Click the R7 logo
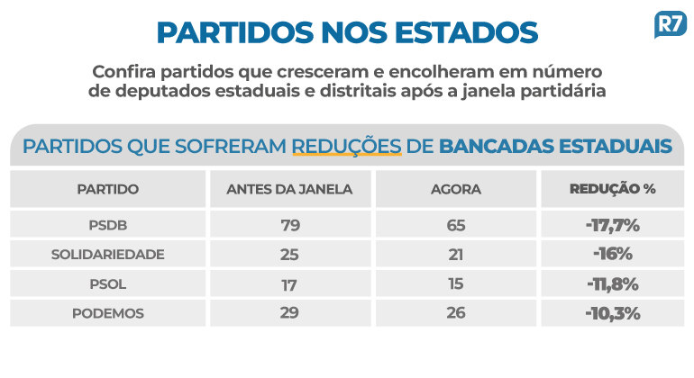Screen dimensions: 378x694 (x=670, y=24)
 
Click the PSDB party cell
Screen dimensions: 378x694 (x=107, y=224)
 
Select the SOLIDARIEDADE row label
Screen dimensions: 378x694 (x=107, y=254)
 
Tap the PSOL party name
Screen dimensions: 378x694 (x=107, y=284)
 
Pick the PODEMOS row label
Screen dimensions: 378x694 (x=107, y=313)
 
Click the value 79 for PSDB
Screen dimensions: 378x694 (x=289, y=224)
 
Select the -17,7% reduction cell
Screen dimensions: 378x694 (x=611, y=224)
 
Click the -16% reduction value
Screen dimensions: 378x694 (x=611, y=254)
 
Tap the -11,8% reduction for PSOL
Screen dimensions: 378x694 (x=611, y=284)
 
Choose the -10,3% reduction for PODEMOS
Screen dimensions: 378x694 (x=611, y=313)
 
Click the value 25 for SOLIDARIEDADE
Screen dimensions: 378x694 (x=289, y=254)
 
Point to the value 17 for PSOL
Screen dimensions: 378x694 (x=289, y=284)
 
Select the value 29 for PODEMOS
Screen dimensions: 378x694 (x=289, y=313)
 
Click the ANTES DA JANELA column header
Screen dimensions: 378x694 (x=289, y=190)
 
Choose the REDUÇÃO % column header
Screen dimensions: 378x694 (x=611, y=190)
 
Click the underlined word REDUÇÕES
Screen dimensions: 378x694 (x=346, y=146)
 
